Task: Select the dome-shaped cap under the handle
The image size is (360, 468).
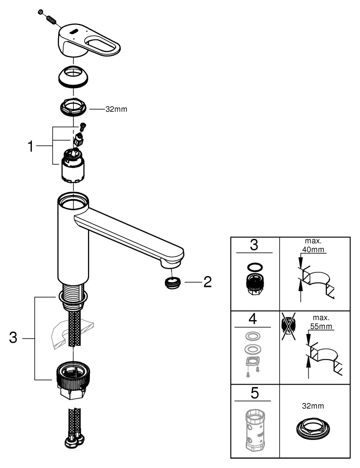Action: (73, 76)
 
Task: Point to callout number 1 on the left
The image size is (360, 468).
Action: (30, 146)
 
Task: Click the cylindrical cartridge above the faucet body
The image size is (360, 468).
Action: (73, 169)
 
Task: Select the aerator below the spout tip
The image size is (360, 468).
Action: (173, 282)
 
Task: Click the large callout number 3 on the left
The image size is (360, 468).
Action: (14, 338)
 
